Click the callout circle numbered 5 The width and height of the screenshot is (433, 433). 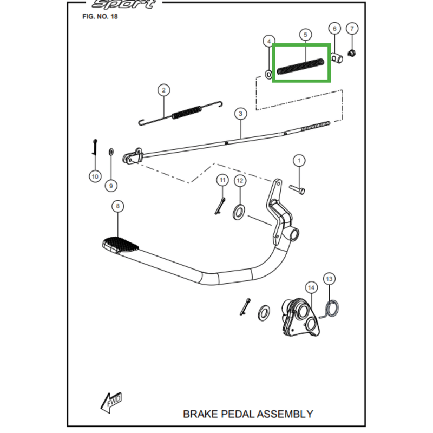305,35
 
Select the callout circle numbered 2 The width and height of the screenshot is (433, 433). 163,90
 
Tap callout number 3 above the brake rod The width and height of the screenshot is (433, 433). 240,114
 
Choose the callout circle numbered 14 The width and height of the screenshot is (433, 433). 311,287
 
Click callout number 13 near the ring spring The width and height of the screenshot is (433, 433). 330,279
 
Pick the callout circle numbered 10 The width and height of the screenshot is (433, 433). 95,176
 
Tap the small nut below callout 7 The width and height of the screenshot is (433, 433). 352,53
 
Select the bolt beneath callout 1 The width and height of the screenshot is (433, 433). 298,189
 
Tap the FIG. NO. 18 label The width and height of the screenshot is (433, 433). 100,17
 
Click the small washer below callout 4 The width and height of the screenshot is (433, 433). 268,73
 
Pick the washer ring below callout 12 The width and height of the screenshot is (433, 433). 239,211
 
